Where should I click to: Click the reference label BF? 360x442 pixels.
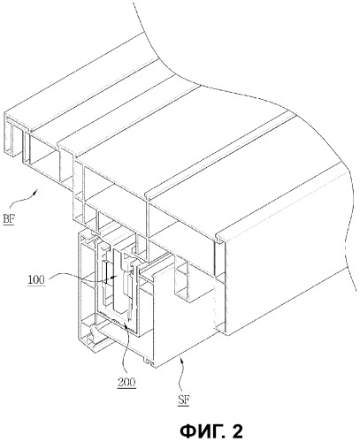(x=9, y=219)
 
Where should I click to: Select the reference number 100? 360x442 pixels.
(x=36, y=279)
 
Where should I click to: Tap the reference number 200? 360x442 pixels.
(x=126, y=383)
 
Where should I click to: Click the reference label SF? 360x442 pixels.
(x=184, y=400)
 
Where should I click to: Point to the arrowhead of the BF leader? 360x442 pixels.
(x=35, y=192)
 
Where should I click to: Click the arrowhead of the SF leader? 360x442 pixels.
(x=181, y=358)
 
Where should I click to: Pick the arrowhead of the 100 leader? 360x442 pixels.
(x=115, y=277)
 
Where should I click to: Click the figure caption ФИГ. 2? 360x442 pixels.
(x=211, y=431)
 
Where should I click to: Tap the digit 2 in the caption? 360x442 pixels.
(x=237, y=431)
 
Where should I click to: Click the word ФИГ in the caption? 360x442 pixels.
(x=200, y=431)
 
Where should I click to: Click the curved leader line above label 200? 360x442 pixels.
(x=126, y=350)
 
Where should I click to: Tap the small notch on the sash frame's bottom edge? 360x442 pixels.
(x=148, y=362)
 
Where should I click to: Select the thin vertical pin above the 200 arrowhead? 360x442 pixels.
(x=129, y=309)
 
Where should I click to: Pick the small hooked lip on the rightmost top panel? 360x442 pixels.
(x=219, y=239)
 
